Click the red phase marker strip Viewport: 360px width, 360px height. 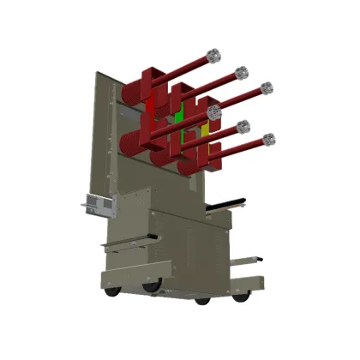tap(153, 111)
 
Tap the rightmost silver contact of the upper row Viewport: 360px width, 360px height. tap(267, 87)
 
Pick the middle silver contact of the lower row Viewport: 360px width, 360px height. tap(243, 127)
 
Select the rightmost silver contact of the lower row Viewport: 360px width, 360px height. tap(269, 138)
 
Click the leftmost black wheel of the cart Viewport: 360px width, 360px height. tap(111, 293)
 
